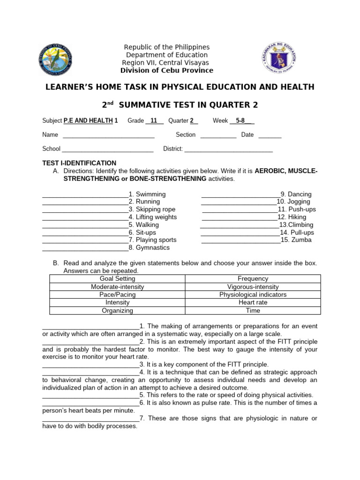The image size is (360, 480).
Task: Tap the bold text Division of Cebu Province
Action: [x=166, y=70]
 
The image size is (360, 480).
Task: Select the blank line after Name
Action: [x=108, y=136]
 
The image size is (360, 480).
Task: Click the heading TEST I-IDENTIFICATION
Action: [x=79, y=163]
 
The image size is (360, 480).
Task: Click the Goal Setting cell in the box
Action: [x=117, y=278]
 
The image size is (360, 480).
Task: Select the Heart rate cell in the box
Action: [x=253, y=302]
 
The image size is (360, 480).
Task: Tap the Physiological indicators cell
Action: [x=253, y=294]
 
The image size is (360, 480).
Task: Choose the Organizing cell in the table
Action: [x=117, y=310]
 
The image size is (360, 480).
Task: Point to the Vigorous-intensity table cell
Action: [x=253, y=286]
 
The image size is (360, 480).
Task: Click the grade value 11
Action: [x=154, y=120]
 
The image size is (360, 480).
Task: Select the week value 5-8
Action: [x=240, y=120]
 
